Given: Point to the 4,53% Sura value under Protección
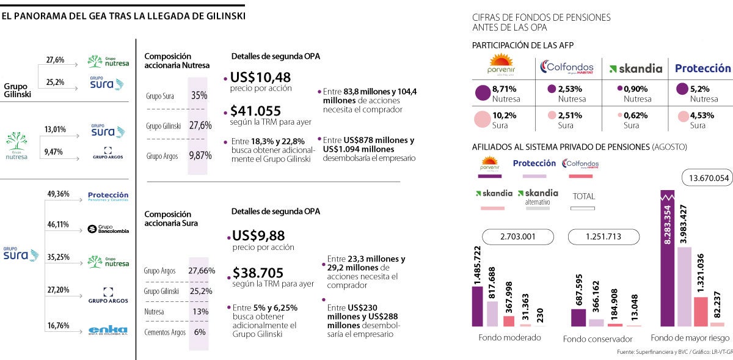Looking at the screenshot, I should pyautogui.click(x=702, y=115).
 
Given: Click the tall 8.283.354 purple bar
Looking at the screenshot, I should pyautogui.click(x=668, y=257).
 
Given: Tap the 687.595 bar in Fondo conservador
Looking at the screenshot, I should pyautogui.click(x=578, y=317).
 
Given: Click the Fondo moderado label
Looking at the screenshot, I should pyautogui.click(x=509, y=338).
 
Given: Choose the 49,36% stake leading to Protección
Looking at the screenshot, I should pyautogui.click(x=58, y=194).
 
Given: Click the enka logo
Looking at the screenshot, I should pyautogui.click(x=108, y=329).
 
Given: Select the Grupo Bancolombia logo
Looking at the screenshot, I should pyautogui.click(x=108, y=229).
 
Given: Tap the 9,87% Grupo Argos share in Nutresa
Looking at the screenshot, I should pyautogui.click(x=200, y=155).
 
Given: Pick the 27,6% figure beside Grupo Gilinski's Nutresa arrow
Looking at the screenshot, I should pyautogui.click(x=56, y=60).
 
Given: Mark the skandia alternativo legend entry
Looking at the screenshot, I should pyautogui.click(x=538, y=197).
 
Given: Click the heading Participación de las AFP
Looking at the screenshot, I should pyautogui.click(x=523, y=45).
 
